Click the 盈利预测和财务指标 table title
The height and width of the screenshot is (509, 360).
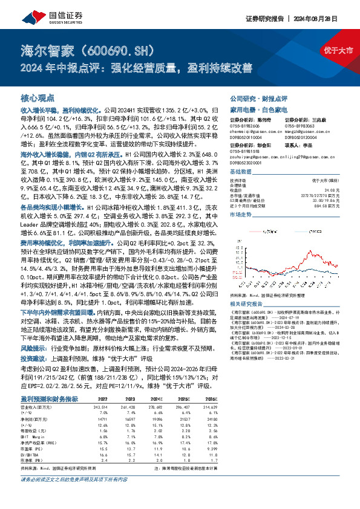pos(49,382)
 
